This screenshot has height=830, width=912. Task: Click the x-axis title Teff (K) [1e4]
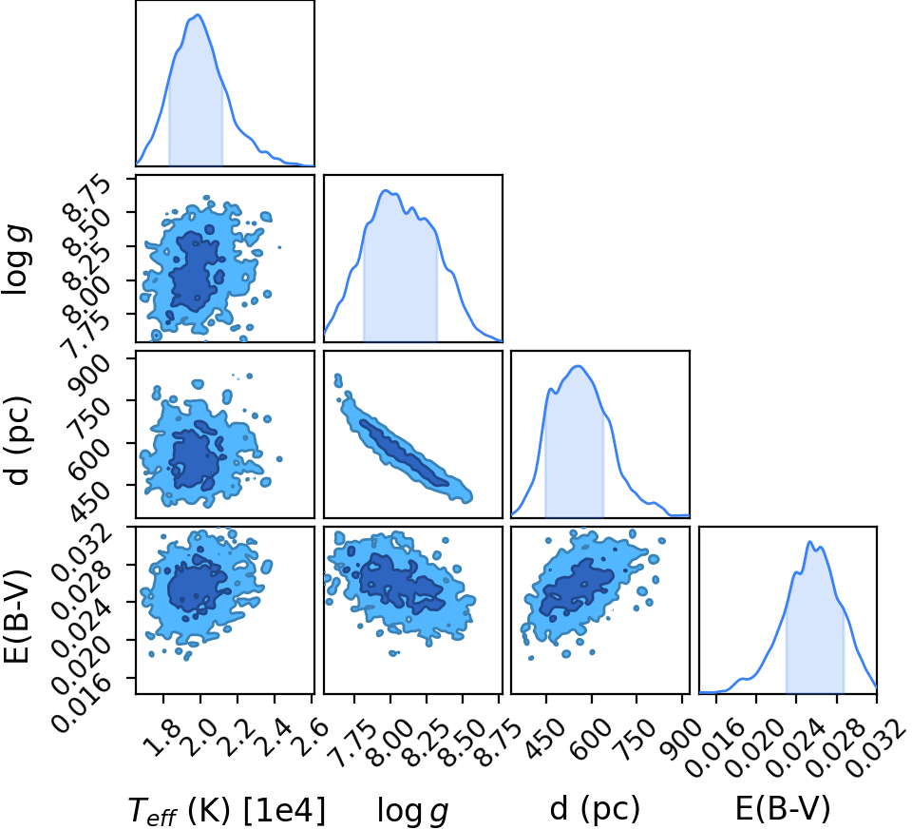click(x=227, y=810)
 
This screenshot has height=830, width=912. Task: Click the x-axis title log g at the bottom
click(x=413, y=811)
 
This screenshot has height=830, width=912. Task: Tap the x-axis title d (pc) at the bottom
click(x=595, y=809)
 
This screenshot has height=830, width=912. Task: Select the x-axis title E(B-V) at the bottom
click(x=782, y=808)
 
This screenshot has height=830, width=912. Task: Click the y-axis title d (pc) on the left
click(x=17, y=440)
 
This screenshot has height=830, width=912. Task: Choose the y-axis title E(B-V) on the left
click(x=16, y=617)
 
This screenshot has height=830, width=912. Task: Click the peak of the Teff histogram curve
click(x=198, y=14)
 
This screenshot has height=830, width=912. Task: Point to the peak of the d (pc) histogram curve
click(x=578, y=366)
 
